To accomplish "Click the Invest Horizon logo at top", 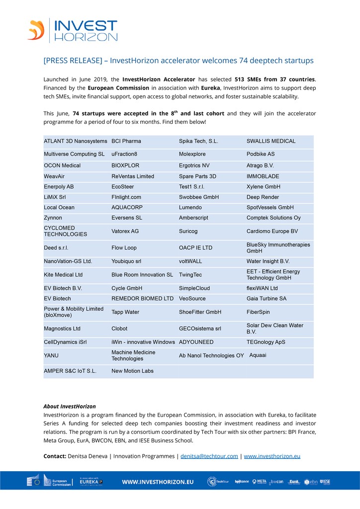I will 73,30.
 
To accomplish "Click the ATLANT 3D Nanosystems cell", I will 75,141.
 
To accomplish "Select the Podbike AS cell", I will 261,154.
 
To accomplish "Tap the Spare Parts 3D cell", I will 198,176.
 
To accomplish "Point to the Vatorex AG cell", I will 125,231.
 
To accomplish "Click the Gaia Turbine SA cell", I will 267,299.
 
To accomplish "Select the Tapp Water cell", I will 125,312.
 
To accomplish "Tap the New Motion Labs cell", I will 132,371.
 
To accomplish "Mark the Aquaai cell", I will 258,355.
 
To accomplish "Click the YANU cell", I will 51,355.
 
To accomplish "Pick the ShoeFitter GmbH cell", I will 200,312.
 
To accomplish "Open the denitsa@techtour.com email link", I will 209,456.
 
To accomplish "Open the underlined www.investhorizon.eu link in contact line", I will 272,456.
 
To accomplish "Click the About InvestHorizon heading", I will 70,407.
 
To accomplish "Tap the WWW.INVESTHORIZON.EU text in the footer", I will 158,482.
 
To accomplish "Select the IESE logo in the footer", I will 325,482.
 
